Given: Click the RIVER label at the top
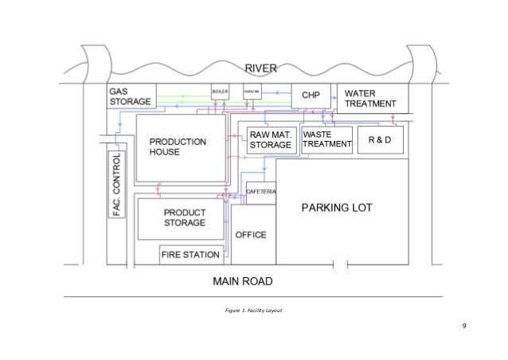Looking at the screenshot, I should click(x=261, y=68).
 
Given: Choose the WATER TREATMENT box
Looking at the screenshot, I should click(x=372, y=98).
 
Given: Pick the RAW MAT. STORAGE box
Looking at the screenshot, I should click(x=271, y=140).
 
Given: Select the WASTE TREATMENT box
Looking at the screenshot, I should click(x=327, y=139).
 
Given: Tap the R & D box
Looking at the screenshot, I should click(x=380, y=140).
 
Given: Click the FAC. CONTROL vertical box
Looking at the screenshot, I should click(x=117, y=185).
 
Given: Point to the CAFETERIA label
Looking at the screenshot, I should click(x=261, y=194).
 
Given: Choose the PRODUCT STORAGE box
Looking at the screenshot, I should click(x=183, y=218).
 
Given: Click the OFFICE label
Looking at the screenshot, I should click(x=250, y=236).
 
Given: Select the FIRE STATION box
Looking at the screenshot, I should click(x=190, y=256).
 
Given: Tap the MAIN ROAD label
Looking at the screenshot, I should click(x=242, y=281).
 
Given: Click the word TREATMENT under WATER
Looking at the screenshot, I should click(x=369, y=104).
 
